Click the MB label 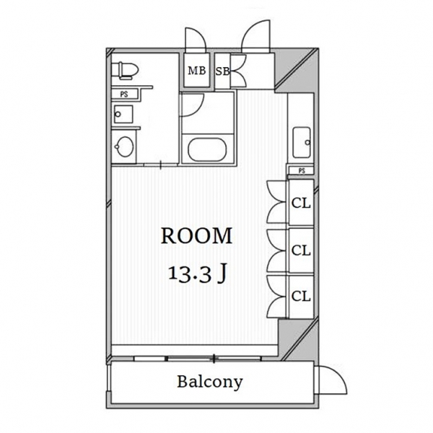pos(197,71)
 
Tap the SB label pos(222,71)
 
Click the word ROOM pos(196,236)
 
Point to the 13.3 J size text pos(198,274)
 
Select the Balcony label pos(210,382)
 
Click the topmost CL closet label pos(301,204)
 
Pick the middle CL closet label pos(301,250)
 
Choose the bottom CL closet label pos(301,297)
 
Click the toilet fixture pos(125,70)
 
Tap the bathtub pos(207,149)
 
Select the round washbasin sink pos(125,147)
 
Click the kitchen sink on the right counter pos(302,142)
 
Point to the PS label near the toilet pos(124,94)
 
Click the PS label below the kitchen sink pos(302,171)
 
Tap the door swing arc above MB pos(196,39)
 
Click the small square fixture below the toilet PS pos(123,114)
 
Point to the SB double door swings pos(239,70)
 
